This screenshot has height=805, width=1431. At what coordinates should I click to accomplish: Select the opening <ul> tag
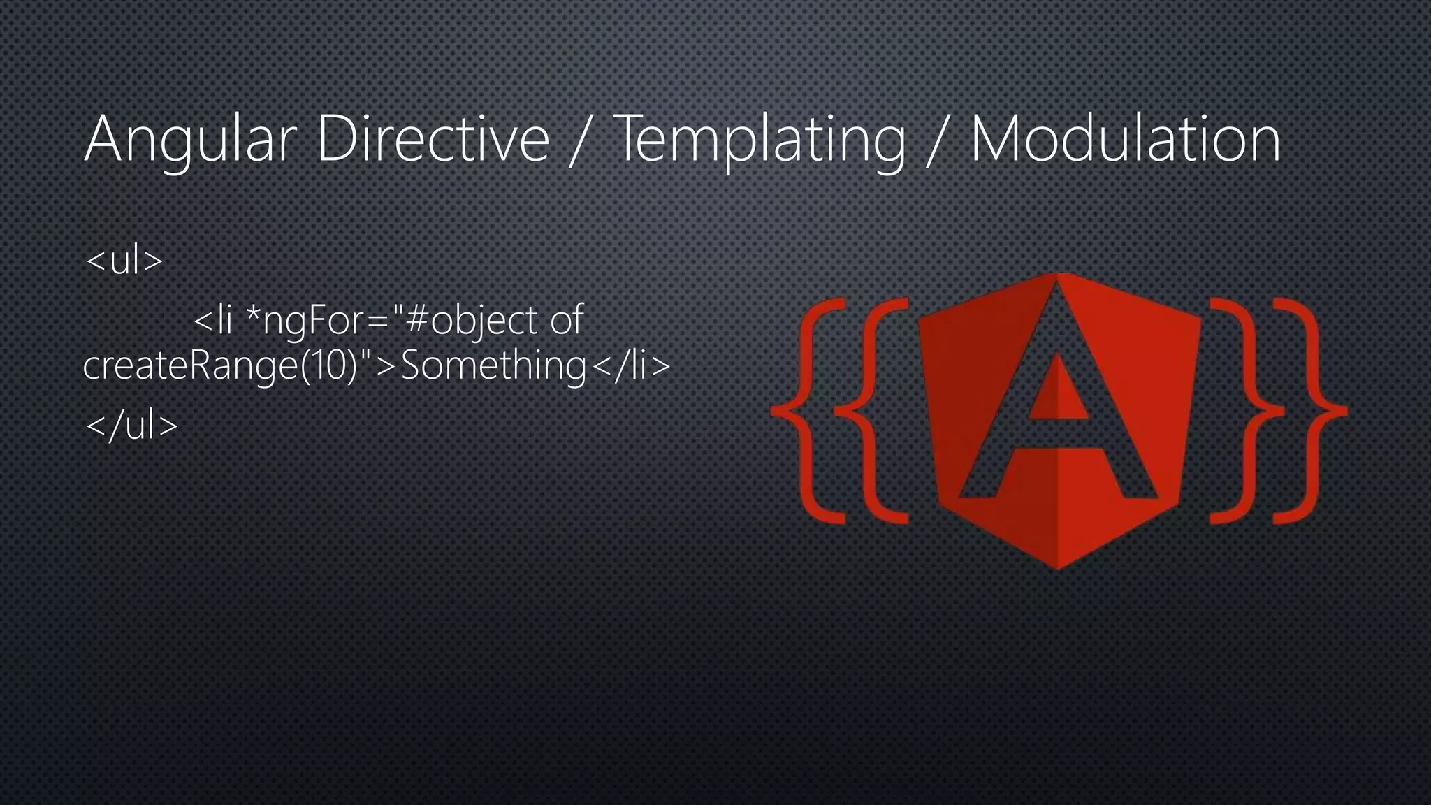click(124, 261)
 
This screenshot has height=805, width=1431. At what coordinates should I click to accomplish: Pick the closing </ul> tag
click(131, 425)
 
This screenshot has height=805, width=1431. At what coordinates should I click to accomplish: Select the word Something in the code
click(493, 365)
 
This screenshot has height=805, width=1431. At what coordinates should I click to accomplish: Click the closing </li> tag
click(631, 365)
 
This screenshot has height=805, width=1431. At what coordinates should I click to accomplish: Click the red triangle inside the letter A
click(1057, 391)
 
